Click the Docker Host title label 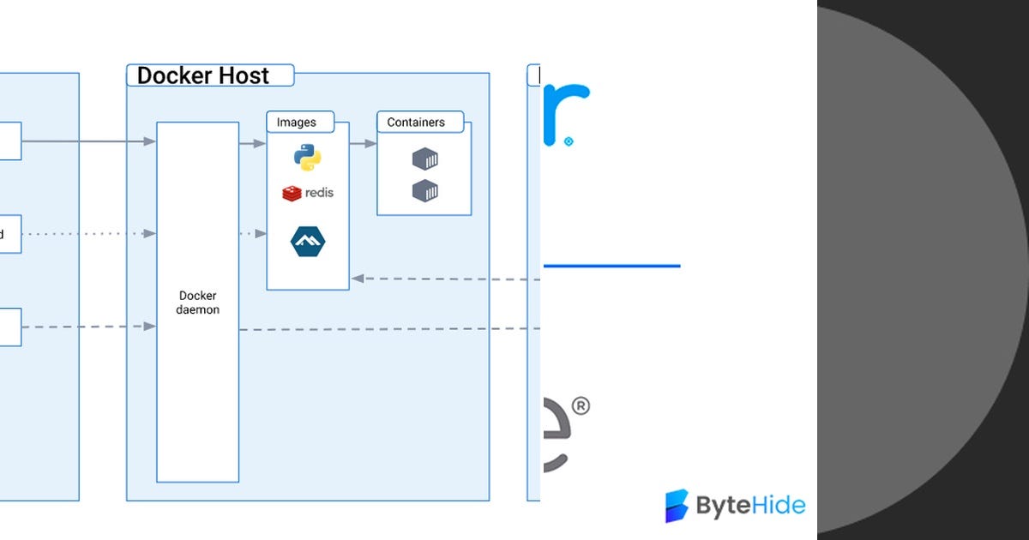click(x=203, y=75)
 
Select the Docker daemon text click(x=198, y=303)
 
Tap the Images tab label click(x=296, y=123)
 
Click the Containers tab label click(x=416, y=123)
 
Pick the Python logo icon click(x=307, y=158)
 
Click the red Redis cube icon click(x=292, y=193)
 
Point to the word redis click(x=319, y=193)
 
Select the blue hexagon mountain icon click(x=308, y=242)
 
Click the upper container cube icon click(x=424, y=159)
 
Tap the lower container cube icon click(x=424, y=190)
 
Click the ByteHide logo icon click(x=677, y=506)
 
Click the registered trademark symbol click(x=580, y=406)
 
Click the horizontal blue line click(x=611, y=266)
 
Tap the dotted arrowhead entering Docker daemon click(x=150, y=233)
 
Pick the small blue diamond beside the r click(x=569, y=141)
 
